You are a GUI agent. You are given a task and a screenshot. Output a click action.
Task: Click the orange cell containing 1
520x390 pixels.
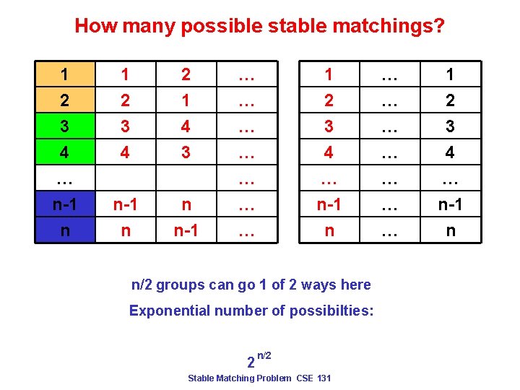(65, 74)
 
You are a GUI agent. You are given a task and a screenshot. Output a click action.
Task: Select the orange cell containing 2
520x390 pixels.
(65, 100)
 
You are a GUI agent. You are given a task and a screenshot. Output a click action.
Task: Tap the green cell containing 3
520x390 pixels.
(65, 126)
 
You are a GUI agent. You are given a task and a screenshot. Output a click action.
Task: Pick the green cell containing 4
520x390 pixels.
(65, 152)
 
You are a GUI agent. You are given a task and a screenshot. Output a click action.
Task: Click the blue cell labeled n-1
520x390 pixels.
(65, 205)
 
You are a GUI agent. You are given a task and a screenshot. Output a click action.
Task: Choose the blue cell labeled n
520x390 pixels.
(65, 231)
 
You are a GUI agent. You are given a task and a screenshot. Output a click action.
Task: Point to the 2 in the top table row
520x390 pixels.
(186, 74)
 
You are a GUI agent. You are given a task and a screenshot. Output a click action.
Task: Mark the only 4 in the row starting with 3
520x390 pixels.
(186, 126)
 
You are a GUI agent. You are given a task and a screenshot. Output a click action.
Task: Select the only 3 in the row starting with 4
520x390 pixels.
(186, 152)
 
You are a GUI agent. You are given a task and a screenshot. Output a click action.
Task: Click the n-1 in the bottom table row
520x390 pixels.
(186, 231)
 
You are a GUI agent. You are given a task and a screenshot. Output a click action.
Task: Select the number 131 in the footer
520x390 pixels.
(323, 378)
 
